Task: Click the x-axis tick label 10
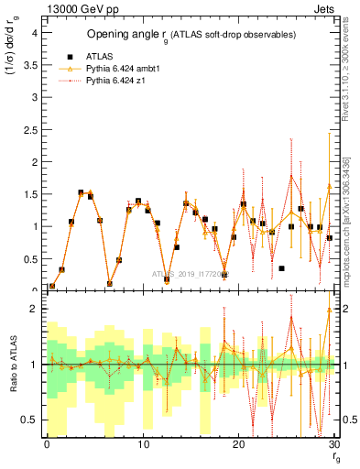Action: [x=143, y=444]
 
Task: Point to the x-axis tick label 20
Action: [x=238, y=444]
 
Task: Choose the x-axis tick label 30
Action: [x=334, y=444]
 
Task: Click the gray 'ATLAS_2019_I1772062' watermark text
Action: [x=190, y=273]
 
